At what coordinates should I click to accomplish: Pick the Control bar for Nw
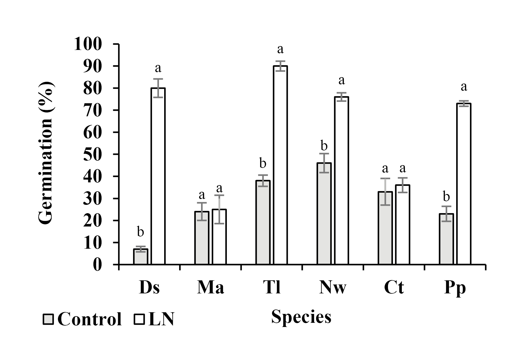click(x=324, y=213)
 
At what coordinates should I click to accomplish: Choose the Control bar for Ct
click(x=385, y=228)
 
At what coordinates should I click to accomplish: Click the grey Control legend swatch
click(x=48, y=319)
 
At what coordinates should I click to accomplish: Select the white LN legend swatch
click(x=139, y=319)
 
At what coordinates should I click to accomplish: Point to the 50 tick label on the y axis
click(x=93, y=154)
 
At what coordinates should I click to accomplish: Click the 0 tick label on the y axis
click(x=97, y=265)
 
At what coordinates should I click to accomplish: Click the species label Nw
click(x=332, y=288)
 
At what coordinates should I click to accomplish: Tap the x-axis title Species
click(x=301, y=317)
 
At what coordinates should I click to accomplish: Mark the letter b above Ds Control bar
click(x=141, y=232)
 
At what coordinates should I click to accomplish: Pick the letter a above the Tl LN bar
click(x=280, y=49)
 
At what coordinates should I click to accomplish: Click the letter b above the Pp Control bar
click(x=446, y=197)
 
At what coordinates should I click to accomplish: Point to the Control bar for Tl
click(x=263, y=222)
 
